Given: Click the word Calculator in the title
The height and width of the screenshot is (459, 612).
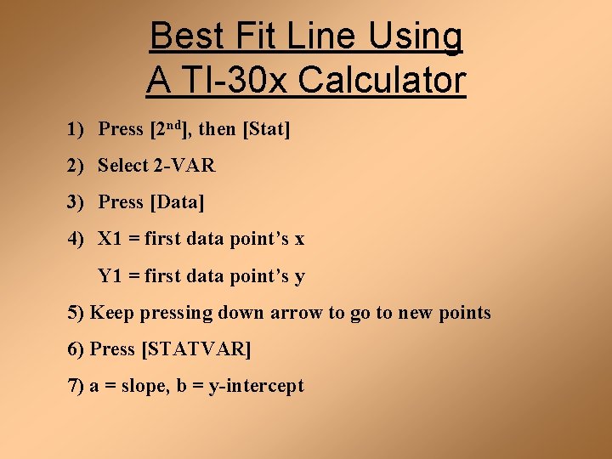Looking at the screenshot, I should pyautogui.click(x=382, y=82).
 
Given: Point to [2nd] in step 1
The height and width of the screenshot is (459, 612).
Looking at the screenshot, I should pyautogui.click(x=169, y=129).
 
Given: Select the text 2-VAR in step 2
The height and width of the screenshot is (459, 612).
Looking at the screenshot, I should pyautogui.click(x=184, y=166).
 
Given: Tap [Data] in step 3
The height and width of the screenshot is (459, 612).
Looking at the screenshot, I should pyautogui.click(x=177, y=202).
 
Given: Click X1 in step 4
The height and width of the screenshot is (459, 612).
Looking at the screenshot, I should pyautogui.click(x=110, y=239).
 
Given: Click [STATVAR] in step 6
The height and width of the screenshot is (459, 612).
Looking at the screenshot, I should pyautogui.click(x=195, y=349).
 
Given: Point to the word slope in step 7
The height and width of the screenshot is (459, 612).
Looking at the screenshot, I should pyautogui.click(x=144, y=386).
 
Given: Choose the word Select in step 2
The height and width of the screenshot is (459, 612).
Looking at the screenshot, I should pyautogui.click(x=123, y=166).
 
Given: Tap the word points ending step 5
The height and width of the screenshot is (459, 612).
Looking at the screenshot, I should pyautogui.click(x=465, y=313).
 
